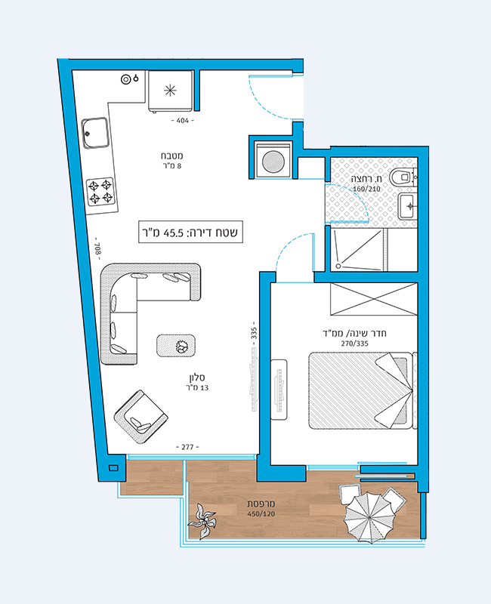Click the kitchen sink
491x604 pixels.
pos(95,133)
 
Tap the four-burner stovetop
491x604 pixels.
pos(100,192)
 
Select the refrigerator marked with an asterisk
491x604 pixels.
pos(171,91)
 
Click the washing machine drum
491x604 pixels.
pos(273,162)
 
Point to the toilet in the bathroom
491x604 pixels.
pos(403,177)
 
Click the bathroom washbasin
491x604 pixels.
pos(408,206)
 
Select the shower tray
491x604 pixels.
pos(357,249)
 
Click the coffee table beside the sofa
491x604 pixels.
pos(176,346)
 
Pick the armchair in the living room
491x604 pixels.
pos(141,417)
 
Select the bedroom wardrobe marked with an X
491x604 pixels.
pos(374,299)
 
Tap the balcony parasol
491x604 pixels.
pos(369,517)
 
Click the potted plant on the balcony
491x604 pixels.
pos(202,522)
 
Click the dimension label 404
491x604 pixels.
pos(183,121)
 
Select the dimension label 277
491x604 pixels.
pos(187,447)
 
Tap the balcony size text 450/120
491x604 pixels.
pos(261,514)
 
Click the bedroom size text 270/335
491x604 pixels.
pos(354,344)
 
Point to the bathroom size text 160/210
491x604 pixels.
pos(366,189)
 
